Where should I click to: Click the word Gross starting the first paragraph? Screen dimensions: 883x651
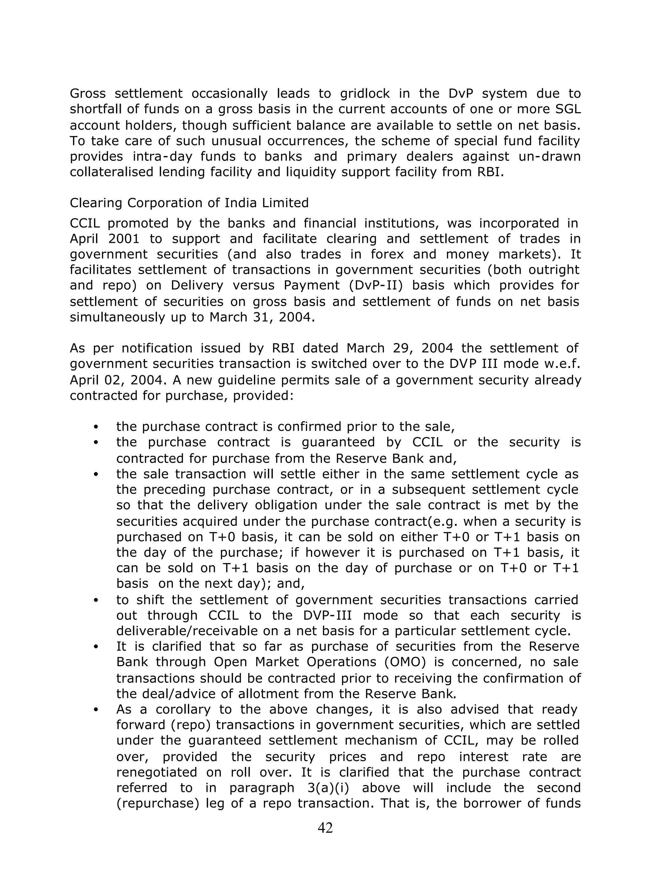pyautogui.click(x=87, y=94)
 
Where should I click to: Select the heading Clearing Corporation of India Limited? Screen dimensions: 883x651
pyautogui.click(x=189, y=203)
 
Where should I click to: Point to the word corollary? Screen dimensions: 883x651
pyautogui.click(x=184, y=709)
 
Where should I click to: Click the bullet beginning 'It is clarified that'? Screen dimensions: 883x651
pyautogui.click(x=96, y=647)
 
